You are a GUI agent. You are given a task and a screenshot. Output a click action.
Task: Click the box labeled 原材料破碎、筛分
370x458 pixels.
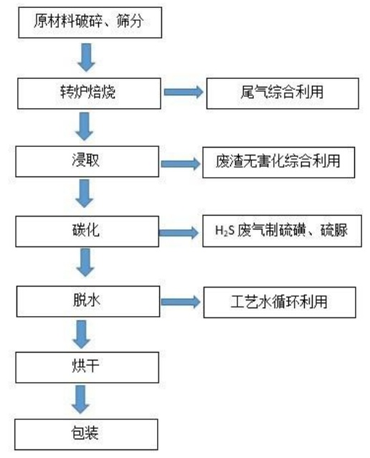[90, 22]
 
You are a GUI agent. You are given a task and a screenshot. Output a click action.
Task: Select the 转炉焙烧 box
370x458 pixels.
[89, 93]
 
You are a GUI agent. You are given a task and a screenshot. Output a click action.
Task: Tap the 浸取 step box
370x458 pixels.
[87, 161]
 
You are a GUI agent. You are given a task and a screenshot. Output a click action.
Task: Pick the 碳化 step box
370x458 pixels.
[87, 232]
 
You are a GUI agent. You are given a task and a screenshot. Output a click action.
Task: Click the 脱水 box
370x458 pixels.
[88, 302]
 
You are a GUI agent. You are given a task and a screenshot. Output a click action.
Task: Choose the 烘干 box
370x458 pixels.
[87, 367]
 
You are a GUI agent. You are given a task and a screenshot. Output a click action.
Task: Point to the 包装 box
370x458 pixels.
[86, 434]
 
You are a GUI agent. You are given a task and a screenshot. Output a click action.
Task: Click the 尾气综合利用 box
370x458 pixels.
[283, 93]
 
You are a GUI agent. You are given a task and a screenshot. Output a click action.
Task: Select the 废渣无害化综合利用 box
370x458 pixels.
[278, 163]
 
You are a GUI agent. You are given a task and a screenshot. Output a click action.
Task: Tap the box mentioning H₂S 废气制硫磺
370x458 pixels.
[282, 231]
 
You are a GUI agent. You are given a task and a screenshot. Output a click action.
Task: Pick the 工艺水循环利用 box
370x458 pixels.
[280, 302]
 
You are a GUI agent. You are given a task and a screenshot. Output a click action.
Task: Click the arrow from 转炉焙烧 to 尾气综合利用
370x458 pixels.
[184, 92]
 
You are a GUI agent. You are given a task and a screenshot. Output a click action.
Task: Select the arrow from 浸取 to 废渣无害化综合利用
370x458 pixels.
[181, 163]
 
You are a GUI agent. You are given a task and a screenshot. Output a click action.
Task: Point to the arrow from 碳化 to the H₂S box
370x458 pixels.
[179, 233]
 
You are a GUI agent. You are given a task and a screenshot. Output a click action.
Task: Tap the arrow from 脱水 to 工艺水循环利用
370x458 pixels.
[181, 302]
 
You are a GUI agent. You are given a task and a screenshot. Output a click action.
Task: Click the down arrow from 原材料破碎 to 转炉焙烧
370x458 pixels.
[86, 57]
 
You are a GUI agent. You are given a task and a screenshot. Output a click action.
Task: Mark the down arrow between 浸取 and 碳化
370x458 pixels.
[84, 194]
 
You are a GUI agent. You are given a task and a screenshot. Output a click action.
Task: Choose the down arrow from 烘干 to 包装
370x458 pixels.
[80, 399]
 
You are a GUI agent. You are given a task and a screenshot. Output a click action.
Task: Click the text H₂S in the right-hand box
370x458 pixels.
[224, 231]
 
